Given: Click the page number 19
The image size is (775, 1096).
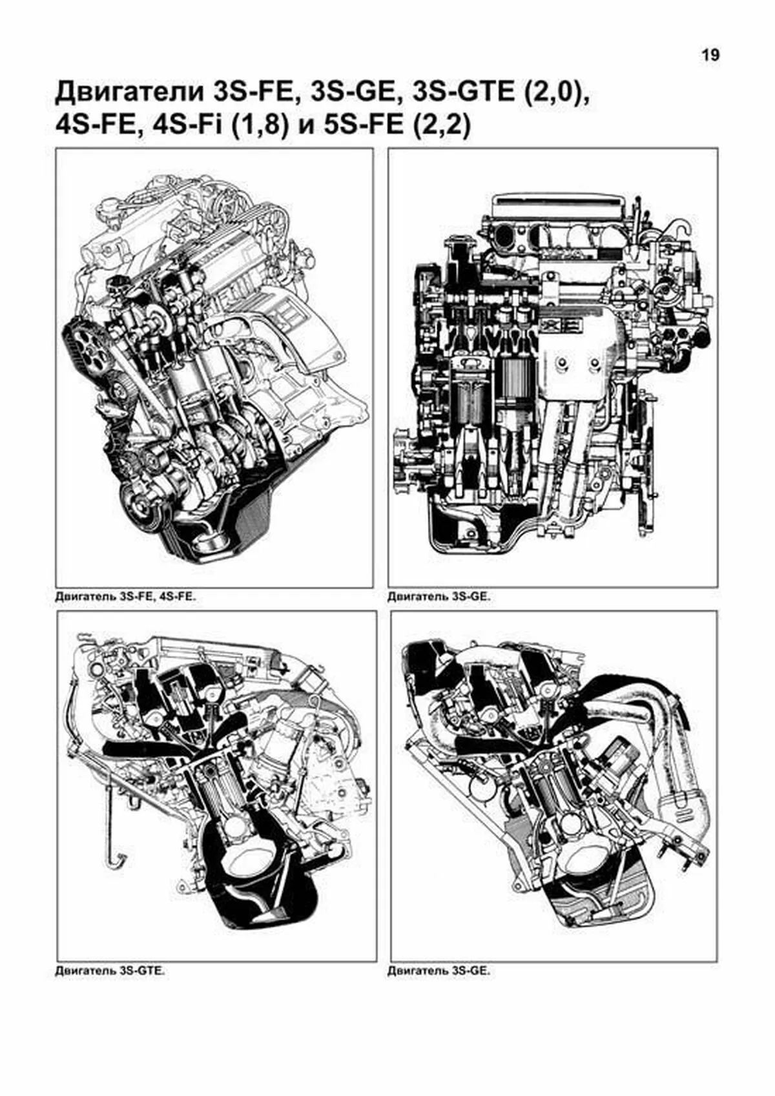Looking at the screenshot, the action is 711,56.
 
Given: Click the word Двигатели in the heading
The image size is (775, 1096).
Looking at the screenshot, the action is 130,92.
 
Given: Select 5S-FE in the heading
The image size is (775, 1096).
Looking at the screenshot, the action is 366,126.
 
